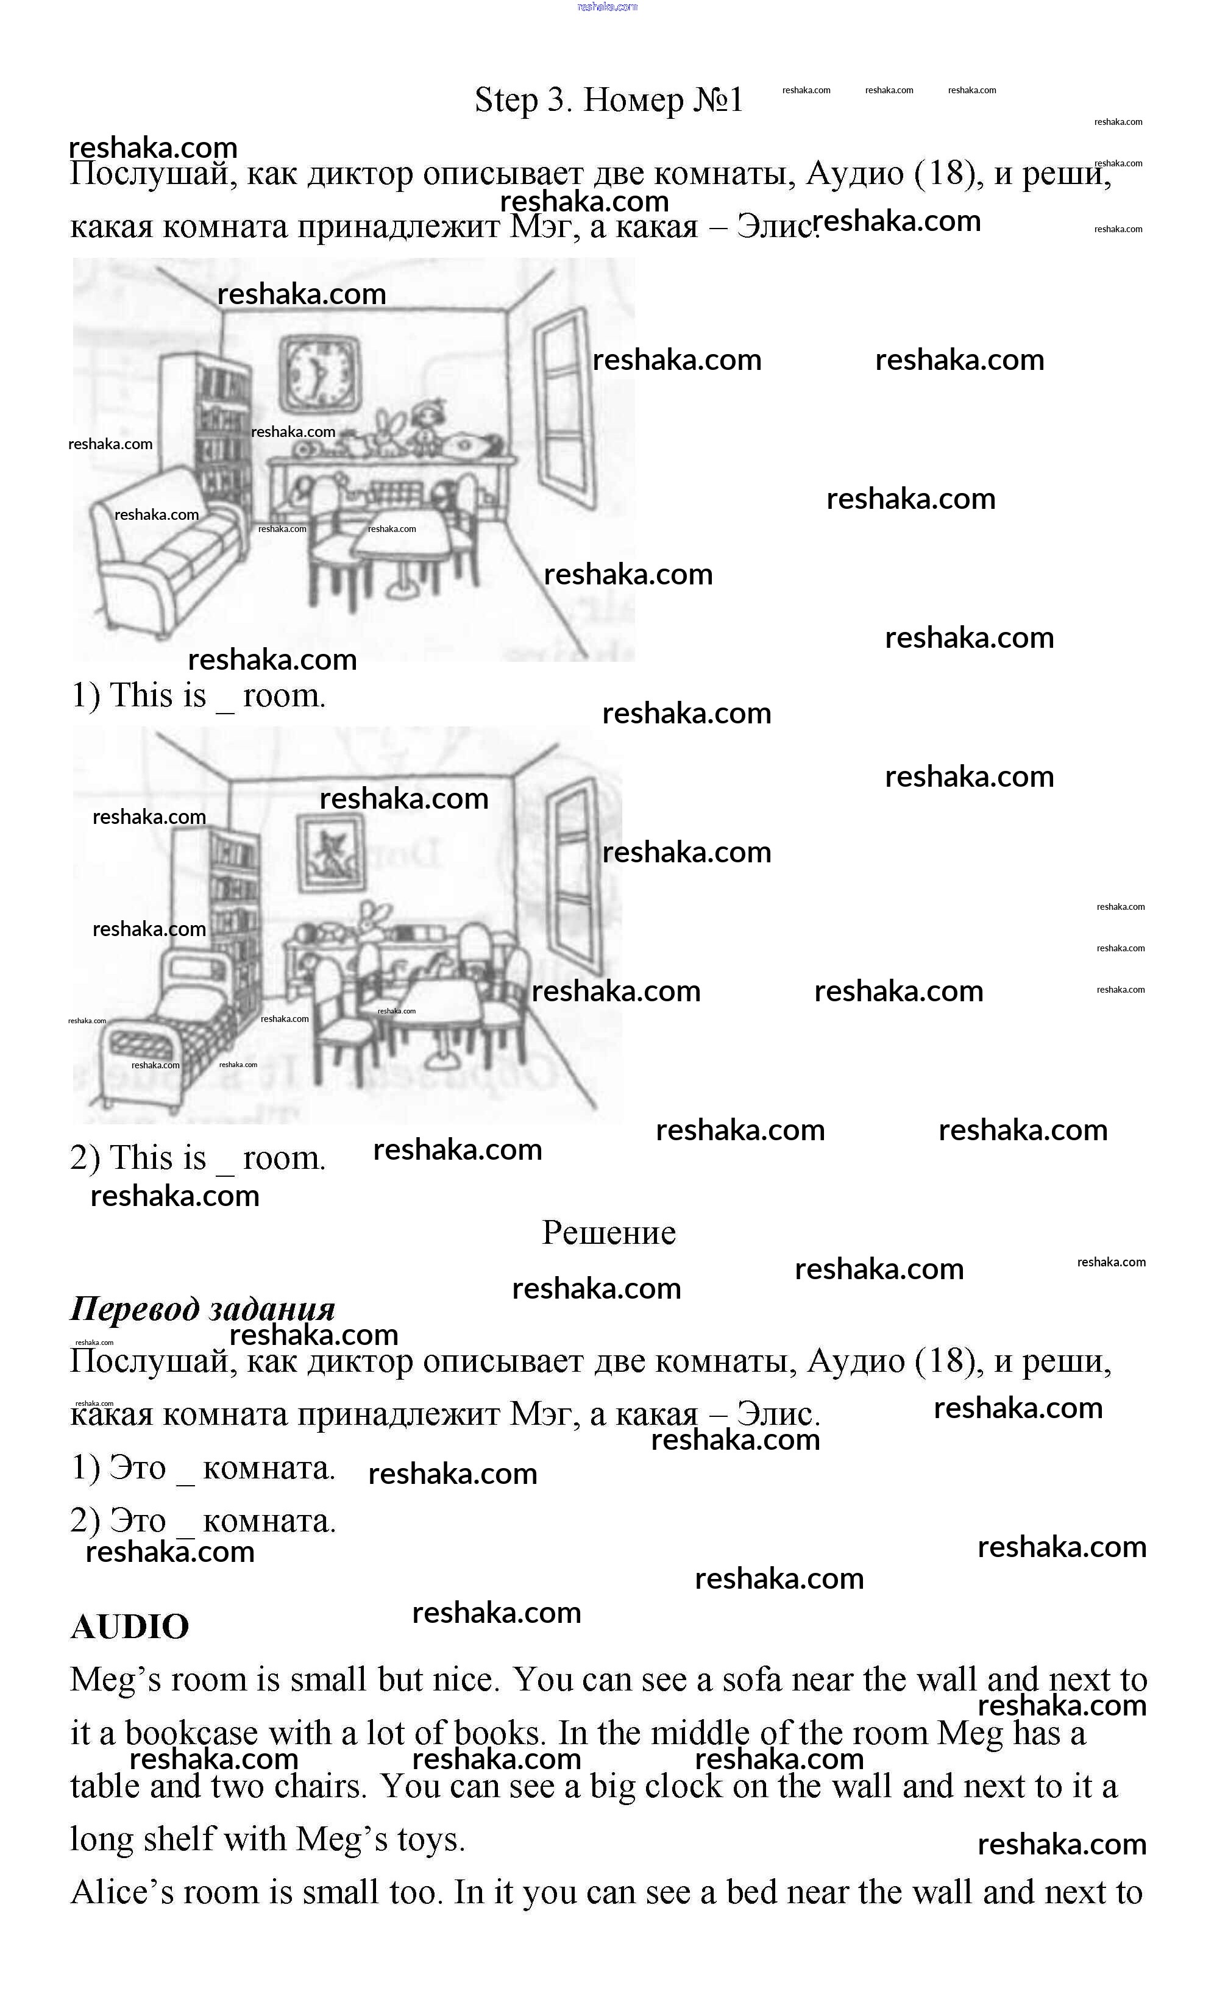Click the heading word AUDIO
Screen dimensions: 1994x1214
tap(129, 1627)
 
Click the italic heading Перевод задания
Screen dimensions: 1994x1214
tap(202, 1308)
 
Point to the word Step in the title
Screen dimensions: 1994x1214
tap(506, 101)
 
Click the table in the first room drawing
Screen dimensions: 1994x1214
tap(402, 538)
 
